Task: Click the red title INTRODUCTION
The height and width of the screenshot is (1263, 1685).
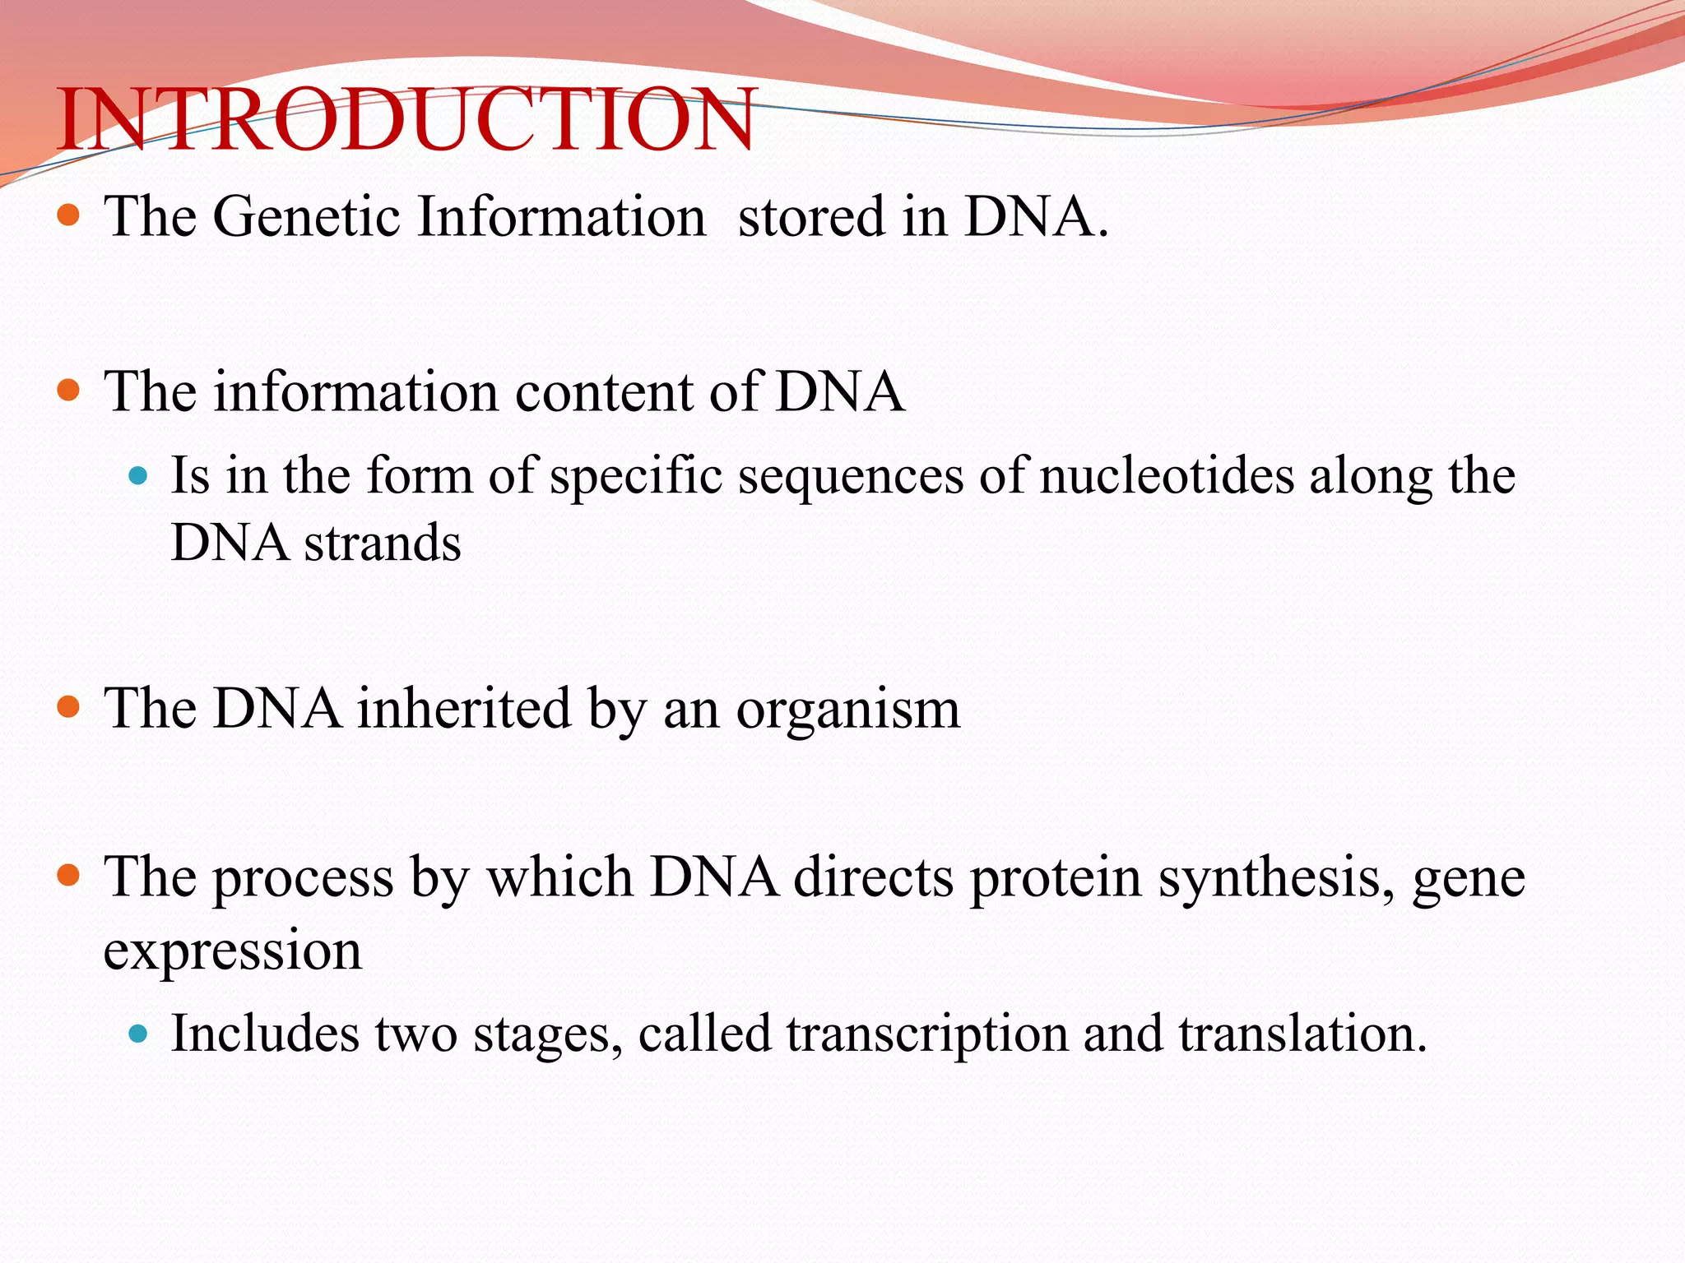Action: tap(406, 121)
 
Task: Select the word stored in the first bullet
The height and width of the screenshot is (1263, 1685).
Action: tap(810, 217)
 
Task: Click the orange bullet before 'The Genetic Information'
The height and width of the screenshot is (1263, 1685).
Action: tap(69, 216)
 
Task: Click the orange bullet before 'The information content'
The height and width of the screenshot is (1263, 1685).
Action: tap(69, 390)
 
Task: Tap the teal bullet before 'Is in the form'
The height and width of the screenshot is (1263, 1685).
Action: tap(138, 475)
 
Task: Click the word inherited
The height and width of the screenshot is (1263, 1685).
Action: tap(463, 708)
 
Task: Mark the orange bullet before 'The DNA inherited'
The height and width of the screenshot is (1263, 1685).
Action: tap(69, 707)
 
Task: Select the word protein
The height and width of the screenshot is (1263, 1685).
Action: tap(1056, 878)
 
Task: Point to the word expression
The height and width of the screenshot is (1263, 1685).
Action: tap(233, 951)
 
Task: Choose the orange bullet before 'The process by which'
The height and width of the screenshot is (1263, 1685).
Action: tap(69, 876)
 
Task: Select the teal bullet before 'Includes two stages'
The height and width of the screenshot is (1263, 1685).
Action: tap(138, 1034)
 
